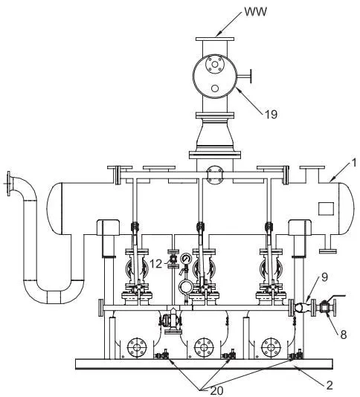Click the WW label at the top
click(256, 12)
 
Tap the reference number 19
click(271, 114)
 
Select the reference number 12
click(155, 264)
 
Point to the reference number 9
click(324, 277)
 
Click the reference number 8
click(344, 335)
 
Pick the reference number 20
click(216, 390)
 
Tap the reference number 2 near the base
click(330, 385)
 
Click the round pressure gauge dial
click(186, 259)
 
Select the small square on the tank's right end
click(326, 209)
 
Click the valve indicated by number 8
click(324, 308)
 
